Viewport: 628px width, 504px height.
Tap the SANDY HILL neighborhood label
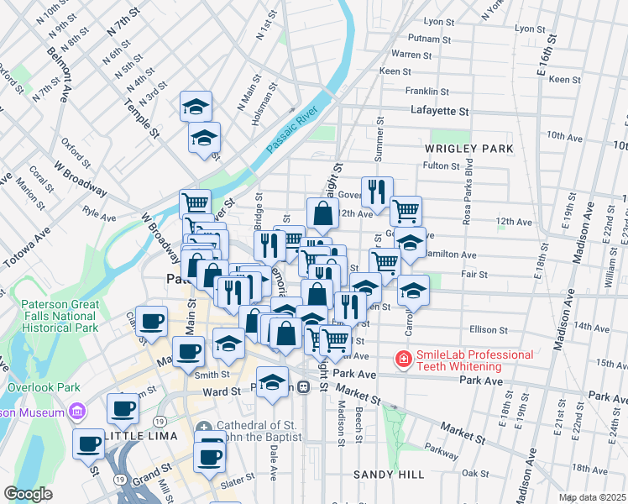pos(389,475)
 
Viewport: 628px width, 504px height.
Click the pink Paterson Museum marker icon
pos(78,412)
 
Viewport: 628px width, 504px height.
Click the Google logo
pos(28,494)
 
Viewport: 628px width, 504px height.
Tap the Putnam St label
pos(429,38)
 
